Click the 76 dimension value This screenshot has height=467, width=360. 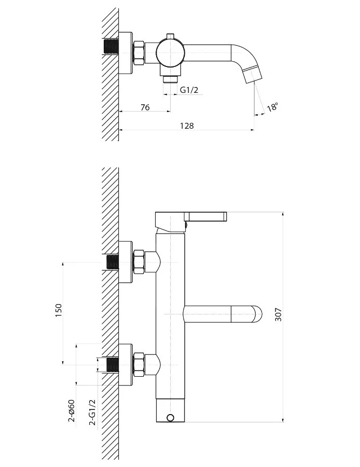(145, 107)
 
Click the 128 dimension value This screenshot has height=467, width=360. (187, 126)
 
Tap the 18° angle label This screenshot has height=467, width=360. (272, 106)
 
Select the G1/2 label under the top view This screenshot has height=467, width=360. (189, 90)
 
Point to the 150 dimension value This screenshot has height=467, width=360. (59, 310)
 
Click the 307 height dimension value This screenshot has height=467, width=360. (278, 314)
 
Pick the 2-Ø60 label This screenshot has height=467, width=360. (72, 411)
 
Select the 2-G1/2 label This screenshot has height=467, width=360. (93, 412)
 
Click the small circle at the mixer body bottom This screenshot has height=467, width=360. (170, 418)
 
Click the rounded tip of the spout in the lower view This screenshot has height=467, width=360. (258, 314)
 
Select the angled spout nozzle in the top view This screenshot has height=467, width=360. (252, 76)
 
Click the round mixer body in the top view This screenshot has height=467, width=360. (170, 53)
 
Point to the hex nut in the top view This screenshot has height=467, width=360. (139, 53)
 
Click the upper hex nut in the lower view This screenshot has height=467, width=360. (139, 262)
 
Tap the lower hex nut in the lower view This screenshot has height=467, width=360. (139, 365)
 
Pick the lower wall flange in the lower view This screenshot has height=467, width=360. (126, 365)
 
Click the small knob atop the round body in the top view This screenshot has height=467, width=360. (170, 36)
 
